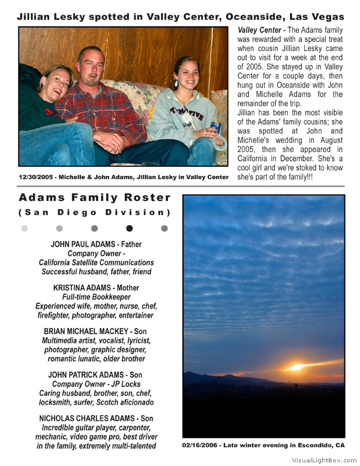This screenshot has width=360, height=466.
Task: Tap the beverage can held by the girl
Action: [x=216, y=128]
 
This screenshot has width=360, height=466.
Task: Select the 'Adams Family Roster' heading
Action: [x=95, y=198]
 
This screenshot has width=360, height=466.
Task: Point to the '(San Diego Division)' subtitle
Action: [x=95, y=213]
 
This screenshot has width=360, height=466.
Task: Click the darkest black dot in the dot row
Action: [x=130, y=228]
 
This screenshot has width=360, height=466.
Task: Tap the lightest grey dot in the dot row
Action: [x=25, y=228]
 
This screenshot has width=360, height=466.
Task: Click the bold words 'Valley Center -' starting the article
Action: [x=260, y=29]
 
